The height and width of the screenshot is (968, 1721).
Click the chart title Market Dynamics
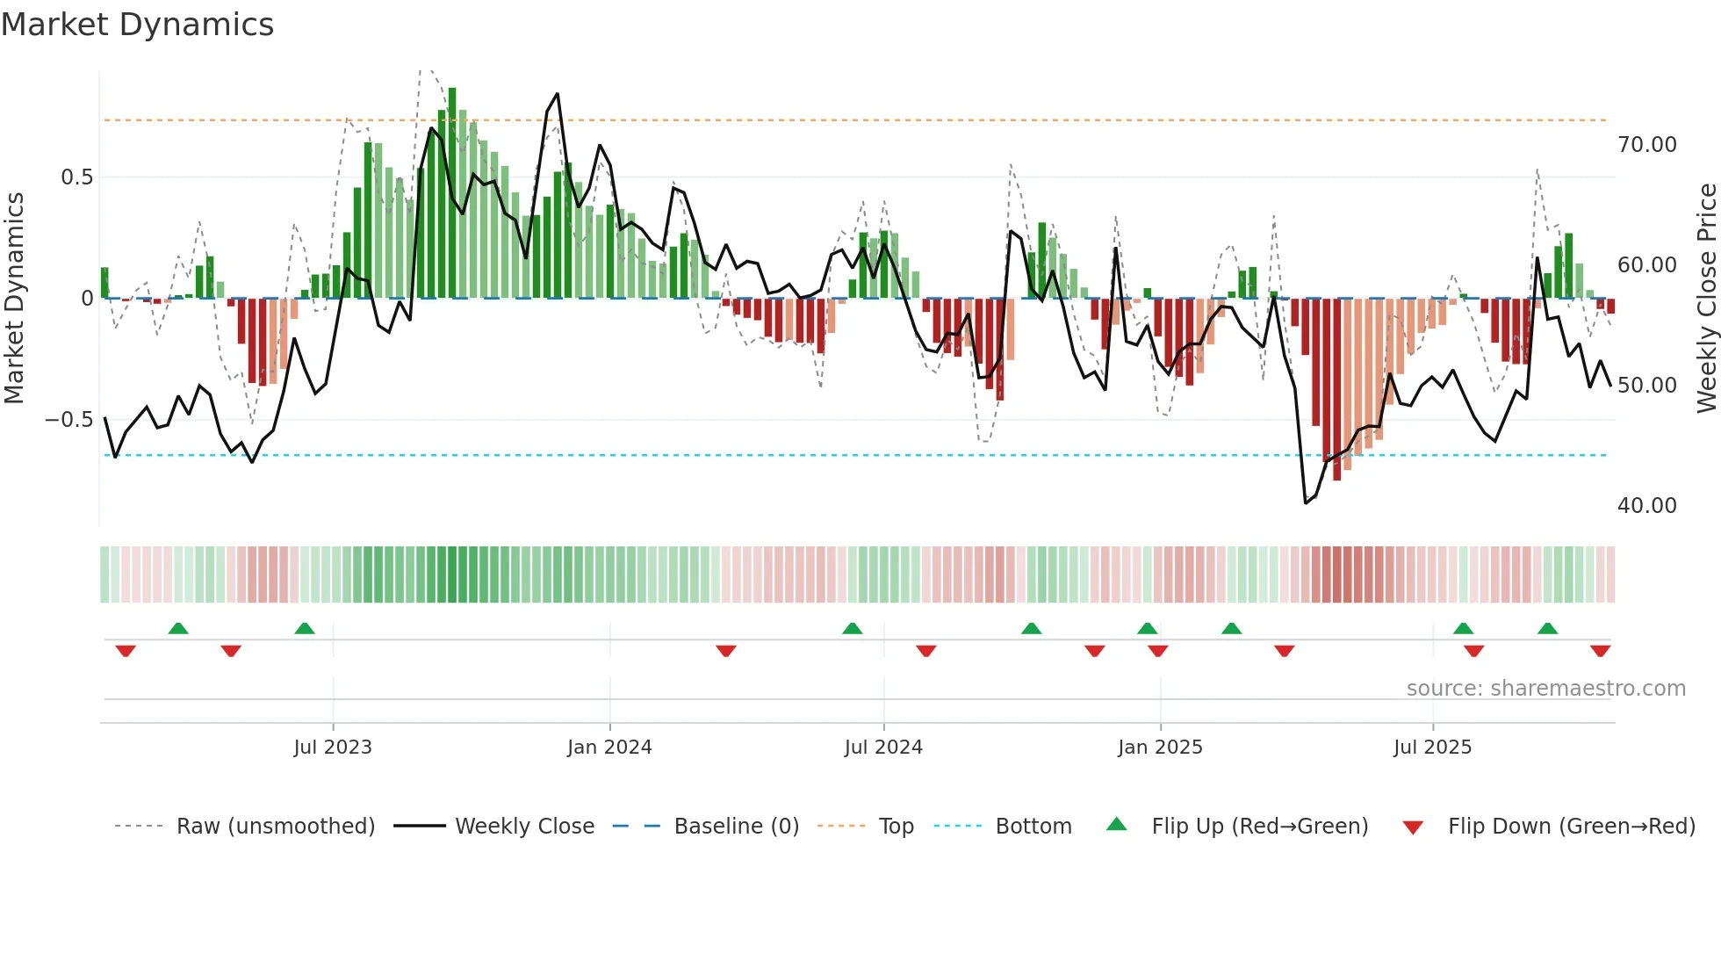coord(138,25)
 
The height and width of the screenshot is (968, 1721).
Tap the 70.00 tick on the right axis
coord(1646,145)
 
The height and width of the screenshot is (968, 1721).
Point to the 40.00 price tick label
coord(1646,506)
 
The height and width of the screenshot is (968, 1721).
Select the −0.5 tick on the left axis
coord(68,420)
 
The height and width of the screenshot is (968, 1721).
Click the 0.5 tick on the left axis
coord(76,177)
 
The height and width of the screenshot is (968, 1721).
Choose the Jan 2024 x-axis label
coord(609,748)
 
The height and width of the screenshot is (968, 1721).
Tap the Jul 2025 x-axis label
coord(1432,748)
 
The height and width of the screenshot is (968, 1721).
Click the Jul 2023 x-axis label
coord(333,748)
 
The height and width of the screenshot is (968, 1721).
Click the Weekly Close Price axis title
coord(1706,298)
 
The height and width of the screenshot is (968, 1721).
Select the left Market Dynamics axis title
coord(14,298)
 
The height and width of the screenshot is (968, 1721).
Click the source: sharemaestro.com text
coord(1545,689)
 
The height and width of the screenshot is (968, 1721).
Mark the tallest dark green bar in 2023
coord(452,193)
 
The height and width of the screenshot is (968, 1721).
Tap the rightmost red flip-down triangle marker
coord(1600,651)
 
